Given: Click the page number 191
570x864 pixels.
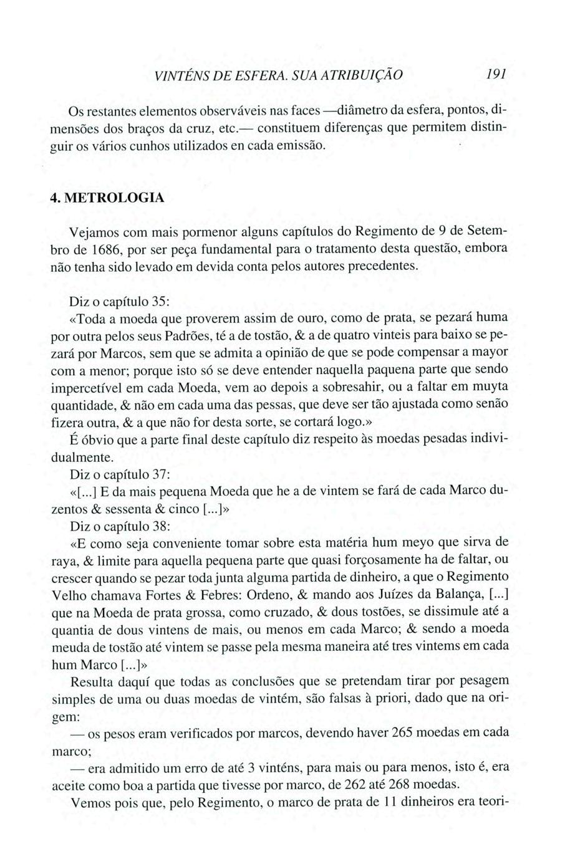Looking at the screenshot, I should click(497, 74).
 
